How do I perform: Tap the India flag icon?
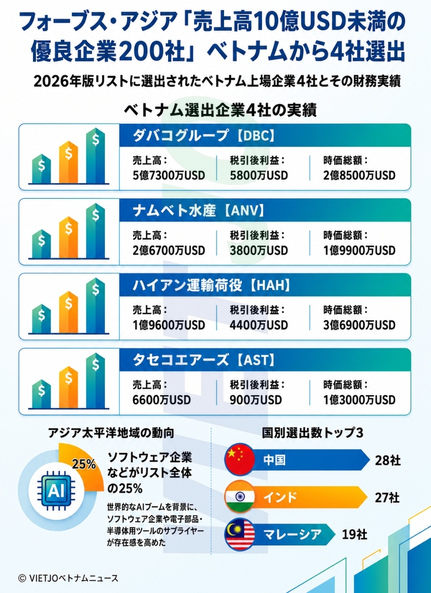(239, 497)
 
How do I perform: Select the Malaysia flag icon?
(239, 534)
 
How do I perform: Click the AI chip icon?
(56, 491)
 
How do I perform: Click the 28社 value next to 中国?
(387, 461)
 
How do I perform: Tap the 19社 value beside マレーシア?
(354, 535)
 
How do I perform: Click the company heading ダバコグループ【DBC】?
(204, 136)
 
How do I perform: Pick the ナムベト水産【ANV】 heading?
(199, 211)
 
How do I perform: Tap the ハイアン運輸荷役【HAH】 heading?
(211, 285)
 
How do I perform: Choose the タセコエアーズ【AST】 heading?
(204, 360)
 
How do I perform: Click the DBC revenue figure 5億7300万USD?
(169, 175)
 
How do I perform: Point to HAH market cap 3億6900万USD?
(359, 325)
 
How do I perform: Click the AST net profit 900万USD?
(256, 400)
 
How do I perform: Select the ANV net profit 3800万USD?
(259, 251)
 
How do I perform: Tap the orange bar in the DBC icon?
(68, 162)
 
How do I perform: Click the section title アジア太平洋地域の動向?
(111, 433)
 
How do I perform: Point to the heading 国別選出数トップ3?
(313, 433)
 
